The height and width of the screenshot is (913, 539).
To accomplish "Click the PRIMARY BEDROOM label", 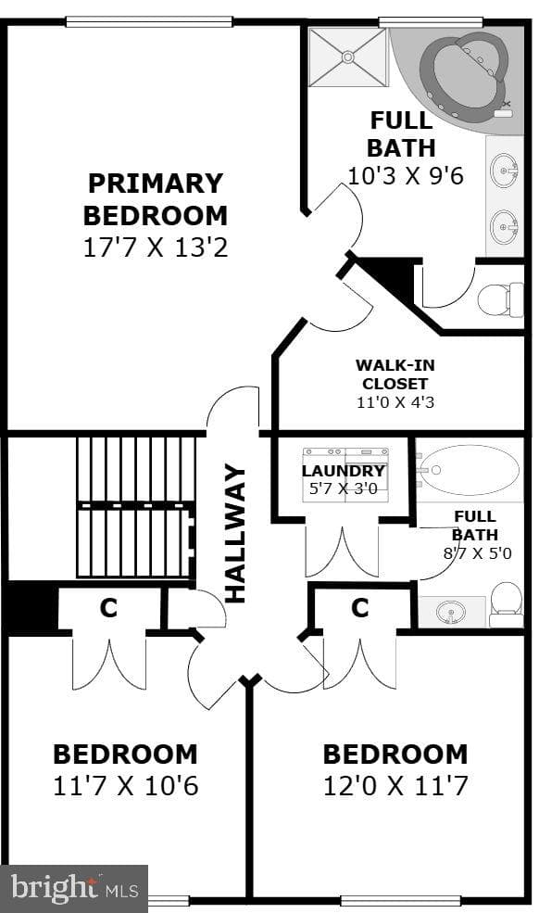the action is coord(156,199).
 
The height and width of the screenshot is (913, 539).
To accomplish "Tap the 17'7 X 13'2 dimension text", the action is coord(156,247).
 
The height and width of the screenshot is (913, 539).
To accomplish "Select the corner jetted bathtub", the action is coord(464,76).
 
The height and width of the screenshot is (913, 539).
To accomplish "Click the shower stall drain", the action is coord(348,57).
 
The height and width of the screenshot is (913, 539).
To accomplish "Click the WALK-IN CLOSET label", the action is coord(395,374).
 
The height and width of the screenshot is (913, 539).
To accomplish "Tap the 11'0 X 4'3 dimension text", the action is coord(395,402).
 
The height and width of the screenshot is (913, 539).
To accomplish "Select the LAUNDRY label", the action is coord(344,471).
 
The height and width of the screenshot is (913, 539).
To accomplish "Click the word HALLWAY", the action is coord(236,533).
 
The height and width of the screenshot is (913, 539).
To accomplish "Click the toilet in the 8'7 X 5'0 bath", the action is coord(506,605).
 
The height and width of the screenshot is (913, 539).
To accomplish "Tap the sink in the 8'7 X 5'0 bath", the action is coord(450,613).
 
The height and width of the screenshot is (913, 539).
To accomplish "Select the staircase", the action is coord(135,507).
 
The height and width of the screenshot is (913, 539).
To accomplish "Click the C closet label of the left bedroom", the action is coord(109,608).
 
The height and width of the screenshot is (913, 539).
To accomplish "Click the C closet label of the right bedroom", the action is coord(360,608).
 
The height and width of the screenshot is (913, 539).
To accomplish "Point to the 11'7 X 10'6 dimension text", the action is coord(126,785).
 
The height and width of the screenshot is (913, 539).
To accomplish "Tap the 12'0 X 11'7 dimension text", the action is coord(395,785).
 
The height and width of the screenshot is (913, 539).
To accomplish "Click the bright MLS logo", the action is coord(74,888).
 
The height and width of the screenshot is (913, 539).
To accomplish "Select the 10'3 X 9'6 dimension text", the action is coord(406,175).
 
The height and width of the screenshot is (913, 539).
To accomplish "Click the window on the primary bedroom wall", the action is coord(149,21).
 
